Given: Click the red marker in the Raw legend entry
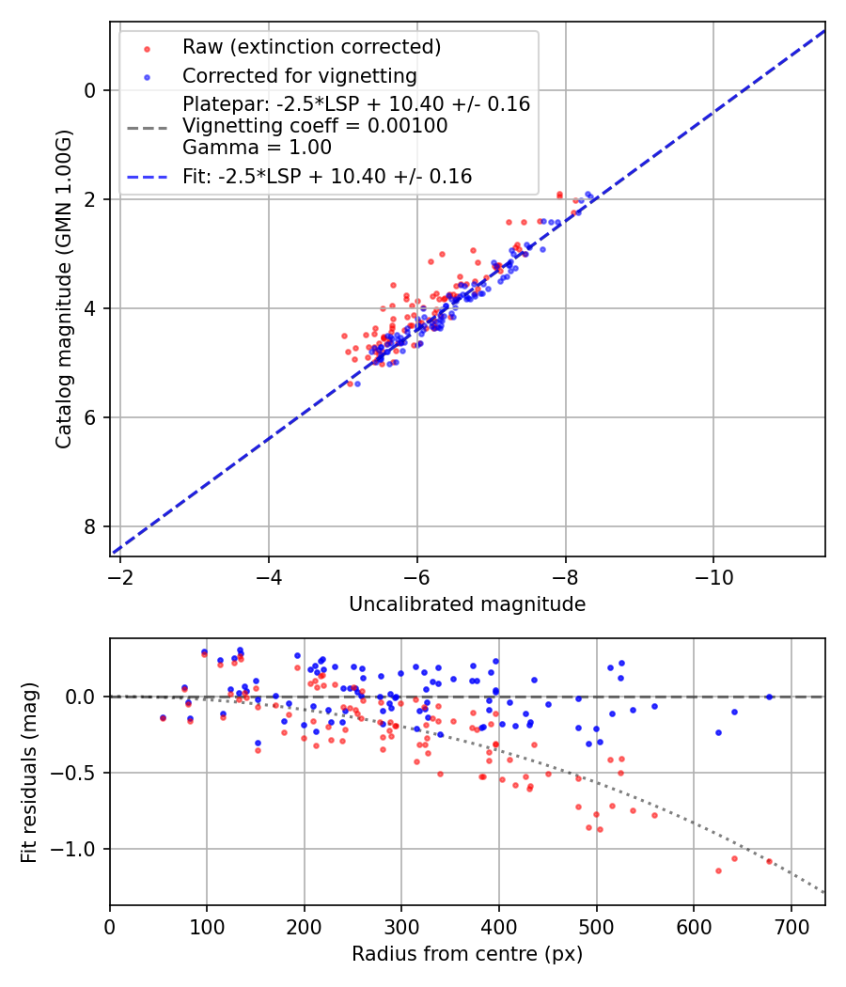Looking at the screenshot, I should coord(147,47).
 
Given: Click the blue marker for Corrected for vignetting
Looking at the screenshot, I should coord(147,75).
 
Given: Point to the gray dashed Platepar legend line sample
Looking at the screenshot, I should coord(147,126).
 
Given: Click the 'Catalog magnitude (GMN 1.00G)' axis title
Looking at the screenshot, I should coord(63,289).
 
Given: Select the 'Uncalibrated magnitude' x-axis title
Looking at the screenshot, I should coord(467,604).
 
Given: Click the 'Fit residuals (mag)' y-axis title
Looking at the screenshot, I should coord(29,772).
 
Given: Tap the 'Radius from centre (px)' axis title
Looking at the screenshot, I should coord(467,954).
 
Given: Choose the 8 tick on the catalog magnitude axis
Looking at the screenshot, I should coord(91,526).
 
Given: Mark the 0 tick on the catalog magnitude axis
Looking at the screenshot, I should coord(91,90).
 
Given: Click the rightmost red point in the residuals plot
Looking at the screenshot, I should coord(769,861).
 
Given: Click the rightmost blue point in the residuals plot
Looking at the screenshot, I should coord(769,697).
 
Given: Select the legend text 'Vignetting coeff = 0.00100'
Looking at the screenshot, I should coord(315,126).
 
